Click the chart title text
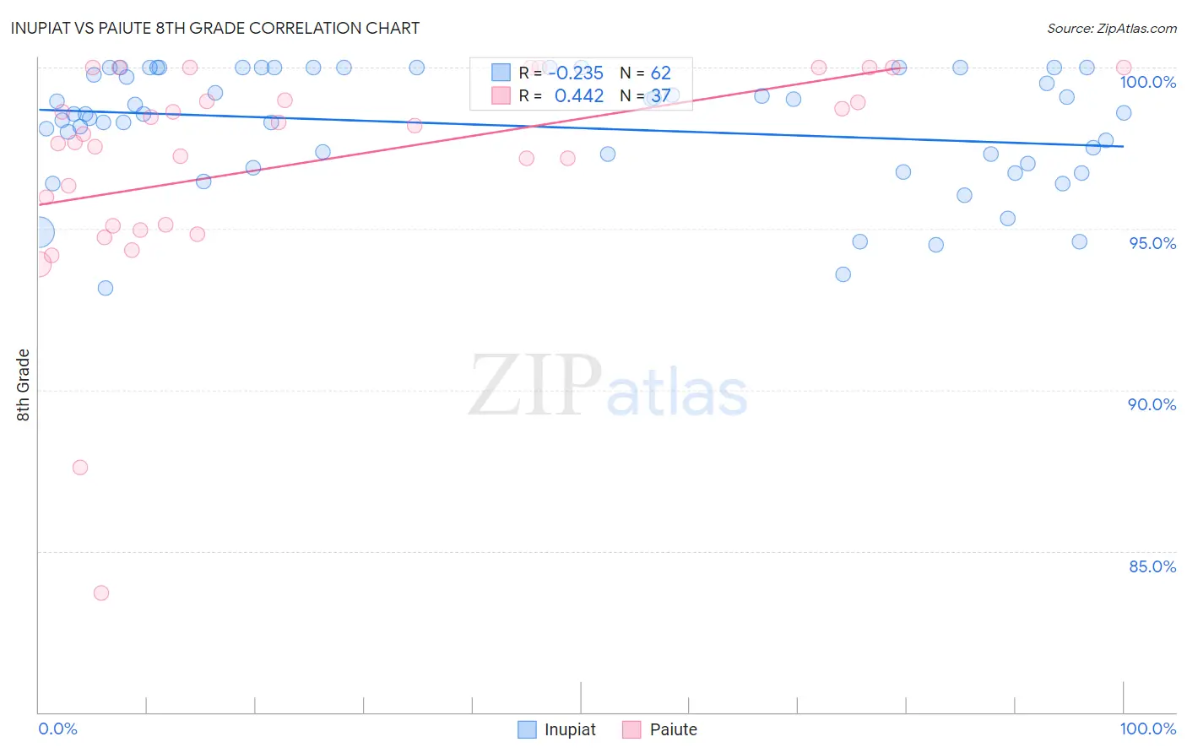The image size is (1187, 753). (x=215, y=28)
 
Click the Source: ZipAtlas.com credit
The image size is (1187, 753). (x=1111, y=29)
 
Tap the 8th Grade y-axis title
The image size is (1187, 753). (x=23, y=385)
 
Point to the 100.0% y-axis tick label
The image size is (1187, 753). (x=1147, y=82)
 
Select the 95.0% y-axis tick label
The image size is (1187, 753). (x=1152, y=243)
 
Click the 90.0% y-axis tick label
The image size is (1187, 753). (x=1152, y=404)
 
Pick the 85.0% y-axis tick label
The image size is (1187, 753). (x=1152, y=566)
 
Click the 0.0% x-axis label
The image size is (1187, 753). (x=57, y=729)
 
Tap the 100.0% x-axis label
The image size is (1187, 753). (x=1147, y=729)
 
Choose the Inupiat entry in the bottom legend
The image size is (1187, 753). (x=557, y=729)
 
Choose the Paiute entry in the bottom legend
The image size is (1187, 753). (x=661, y=729)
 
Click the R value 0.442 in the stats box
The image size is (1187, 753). (x=578, y=96)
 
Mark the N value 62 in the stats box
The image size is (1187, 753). (x=660, y=73)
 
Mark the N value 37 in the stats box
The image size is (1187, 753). (x=660, y=96)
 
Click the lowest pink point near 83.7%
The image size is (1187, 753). (x=101, y=593)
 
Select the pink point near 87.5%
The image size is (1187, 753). (x=80, y=468)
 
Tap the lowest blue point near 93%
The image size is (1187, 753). (x=106, y=288)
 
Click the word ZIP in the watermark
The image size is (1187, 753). (x=534, y=386)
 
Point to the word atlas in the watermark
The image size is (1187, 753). (x=677, y=393)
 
